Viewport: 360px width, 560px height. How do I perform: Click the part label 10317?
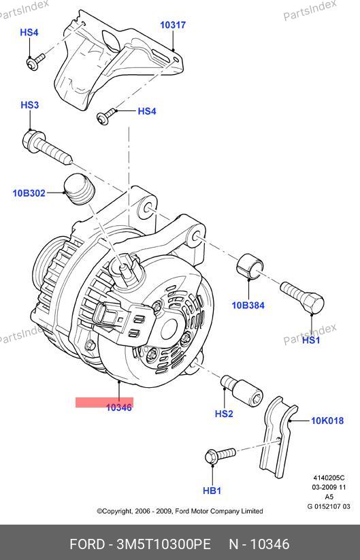(173, 25)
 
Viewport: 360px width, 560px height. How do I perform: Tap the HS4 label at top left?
(29, 32)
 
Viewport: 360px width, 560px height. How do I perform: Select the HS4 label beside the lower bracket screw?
(147, 111)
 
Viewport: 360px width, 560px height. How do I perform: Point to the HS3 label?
(30, 105)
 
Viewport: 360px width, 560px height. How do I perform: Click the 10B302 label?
(29, 193)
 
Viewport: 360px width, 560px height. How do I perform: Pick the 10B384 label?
(248, 305)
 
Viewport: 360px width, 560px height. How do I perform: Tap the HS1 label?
(311, 340)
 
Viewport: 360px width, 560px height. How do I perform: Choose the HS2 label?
(224, 414)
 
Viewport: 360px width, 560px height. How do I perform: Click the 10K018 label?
(327, 421)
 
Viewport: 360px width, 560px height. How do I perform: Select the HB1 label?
(212, 491)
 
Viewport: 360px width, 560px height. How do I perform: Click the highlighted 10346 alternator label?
(119, 408)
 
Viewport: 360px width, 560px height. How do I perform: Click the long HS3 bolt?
(48, 147)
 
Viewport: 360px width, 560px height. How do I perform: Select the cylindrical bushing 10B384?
(250, 266)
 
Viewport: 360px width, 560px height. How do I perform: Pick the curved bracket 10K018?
(278, 436)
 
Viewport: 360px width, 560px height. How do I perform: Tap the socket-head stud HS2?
(242, 391)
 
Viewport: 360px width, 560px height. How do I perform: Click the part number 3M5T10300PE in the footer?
(164, 544)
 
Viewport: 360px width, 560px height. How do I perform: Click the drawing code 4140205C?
(329, 478)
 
